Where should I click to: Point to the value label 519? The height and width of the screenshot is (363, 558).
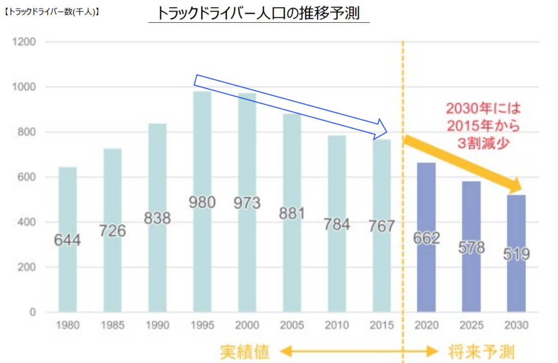515,254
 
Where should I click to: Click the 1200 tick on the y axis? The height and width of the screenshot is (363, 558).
25,42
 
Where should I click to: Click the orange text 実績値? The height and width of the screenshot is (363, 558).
245,351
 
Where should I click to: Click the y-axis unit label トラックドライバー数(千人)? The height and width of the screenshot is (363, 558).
51,10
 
